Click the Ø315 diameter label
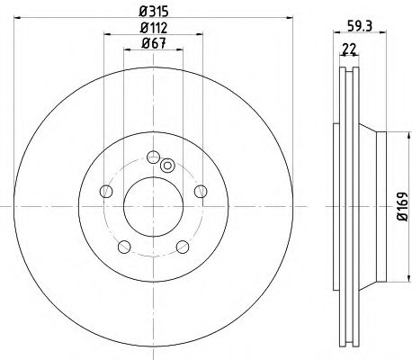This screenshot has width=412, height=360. pyautogui.click(x=153, y=12)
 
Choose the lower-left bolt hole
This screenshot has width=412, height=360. pyautogui.click(x=125, y=246)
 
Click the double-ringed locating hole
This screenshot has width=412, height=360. pyautogui.click(x=166, y=165)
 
